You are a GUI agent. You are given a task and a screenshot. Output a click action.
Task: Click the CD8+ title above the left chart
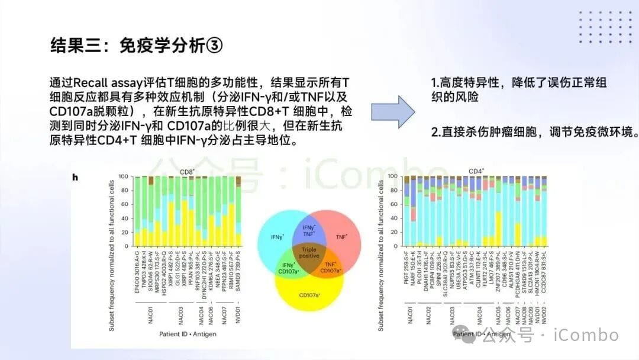187,172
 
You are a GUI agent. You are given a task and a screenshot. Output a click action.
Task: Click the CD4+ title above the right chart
476,172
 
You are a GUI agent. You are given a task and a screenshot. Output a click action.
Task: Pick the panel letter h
75,177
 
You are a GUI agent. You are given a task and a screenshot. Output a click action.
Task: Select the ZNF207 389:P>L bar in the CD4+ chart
499,211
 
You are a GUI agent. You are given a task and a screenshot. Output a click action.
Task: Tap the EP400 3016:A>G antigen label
137,271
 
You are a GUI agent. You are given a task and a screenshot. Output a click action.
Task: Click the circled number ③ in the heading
214,46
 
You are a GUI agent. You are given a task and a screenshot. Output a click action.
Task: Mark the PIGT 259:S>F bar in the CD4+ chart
406,211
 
